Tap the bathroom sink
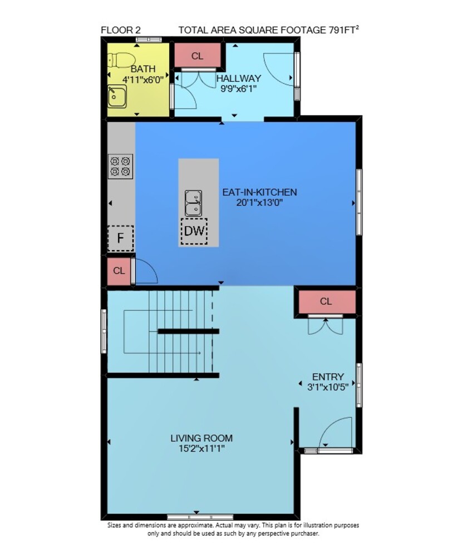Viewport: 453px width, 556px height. point(117,96)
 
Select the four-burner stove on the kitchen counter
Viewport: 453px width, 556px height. point(121,166)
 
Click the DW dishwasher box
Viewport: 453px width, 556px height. point(194,231)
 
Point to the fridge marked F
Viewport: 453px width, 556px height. point(121,239)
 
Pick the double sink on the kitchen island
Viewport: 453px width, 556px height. point(194,203)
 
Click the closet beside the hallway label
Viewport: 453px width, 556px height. point(198,56)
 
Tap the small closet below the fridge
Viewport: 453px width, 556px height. point(119,271)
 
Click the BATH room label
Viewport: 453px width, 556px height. point(142,69)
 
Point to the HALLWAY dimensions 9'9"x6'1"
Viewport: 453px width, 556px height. point(239,88)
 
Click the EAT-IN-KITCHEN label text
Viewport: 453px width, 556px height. point(259,192)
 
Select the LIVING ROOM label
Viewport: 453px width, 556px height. point(201,438)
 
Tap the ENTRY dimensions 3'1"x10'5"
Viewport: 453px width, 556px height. point(328,386)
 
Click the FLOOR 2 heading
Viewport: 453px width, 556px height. point(121,30)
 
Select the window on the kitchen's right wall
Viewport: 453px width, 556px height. point(359,202)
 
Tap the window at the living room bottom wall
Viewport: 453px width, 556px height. point(200,517)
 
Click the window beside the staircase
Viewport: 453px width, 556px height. point(104,331)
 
